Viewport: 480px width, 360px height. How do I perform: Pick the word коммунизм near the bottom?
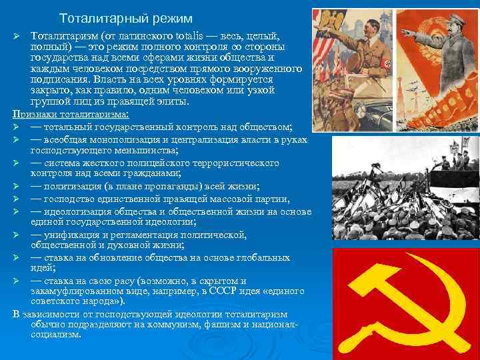[173, 324]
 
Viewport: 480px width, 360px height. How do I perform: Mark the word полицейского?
[151, 163]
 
